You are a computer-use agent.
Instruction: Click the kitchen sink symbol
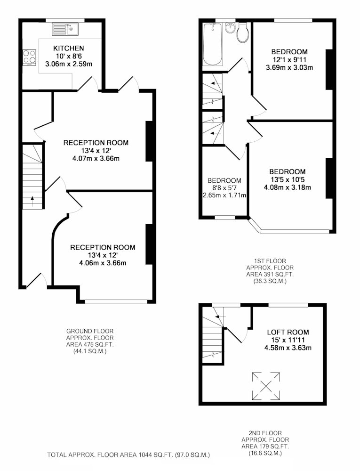[65, 29]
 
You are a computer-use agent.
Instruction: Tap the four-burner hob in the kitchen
[30, 57]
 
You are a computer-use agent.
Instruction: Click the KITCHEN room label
[69, 48]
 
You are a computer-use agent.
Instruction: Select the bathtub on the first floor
[213, 44]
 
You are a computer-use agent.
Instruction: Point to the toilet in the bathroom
[242, 32]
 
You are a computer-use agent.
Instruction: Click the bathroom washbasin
[230, 28]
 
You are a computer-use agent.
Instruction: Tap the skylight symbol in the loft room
[266, 386]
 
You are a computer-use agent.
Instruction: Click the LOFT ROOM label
[288, 332]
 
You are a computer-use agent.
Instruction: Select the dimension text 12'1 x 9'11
[289, 59]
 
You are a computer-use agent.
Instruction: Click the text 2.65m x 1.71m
[224, 195]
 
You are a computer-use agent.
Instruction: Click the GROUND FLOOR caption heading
[90, 331]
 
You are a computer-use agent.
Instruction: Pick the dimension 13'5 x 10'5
[288, 179]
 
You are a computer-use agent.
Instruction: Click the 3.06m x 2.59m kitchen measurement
[69, 64]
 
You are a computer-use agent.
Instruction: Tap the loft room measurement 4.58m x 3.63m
[288, 348]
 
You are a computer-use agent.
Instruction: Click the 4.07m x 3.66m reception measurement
[96, 158]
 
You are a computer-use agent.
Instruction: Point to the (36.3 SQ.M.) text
[266, 282]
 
